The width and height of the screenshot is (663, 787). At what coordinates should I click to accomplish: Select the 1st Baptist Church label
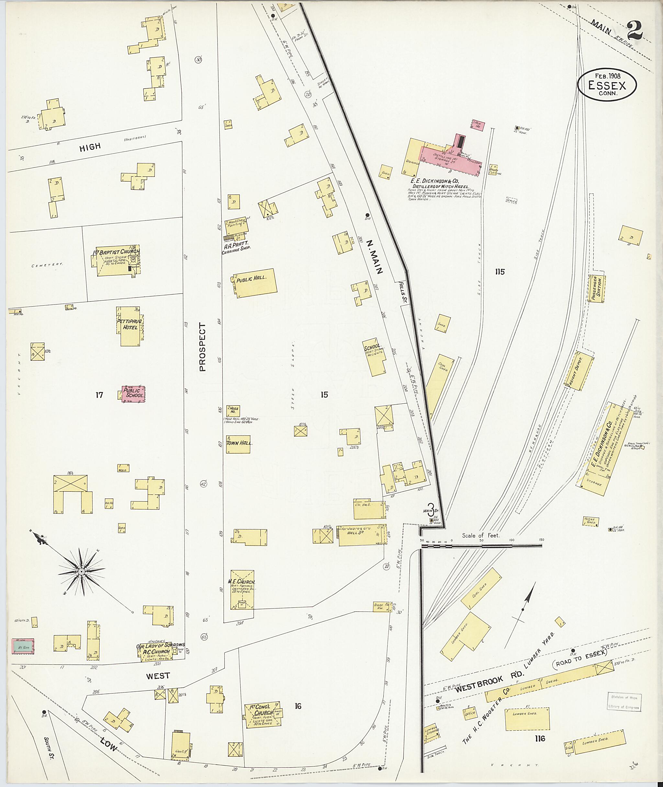tap(117, 251)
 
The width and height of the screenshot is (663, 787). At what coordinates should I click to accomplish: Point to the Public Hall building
tap(255, 283)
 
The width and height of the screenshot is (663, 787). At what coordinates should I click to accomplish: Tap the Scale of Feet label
tap(481, 535)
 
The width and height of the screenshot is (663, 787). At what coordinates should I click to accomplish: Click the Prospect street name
tap(203, 347)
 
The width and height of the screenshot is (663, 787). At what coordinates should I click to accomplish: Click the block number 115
tap(500, 272)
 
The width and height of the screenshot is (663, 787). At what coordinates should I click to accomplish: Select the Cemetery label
tap(47, 265)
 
